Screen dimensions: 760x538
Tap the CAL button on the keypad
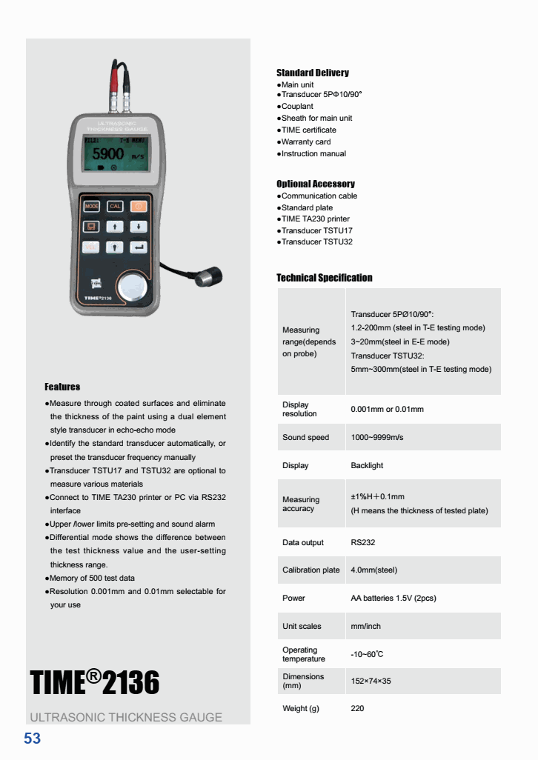click(x=116, y=206)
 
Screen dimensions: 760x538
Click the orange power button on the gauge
click(x=139, y=206)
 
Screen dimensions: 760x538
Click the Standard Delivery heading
click(x=312, y=73)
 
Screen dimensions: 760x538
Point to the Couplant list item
click(x=297, y=106)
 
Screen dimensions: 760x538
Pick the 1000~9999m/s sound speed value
click(x=376, y=437)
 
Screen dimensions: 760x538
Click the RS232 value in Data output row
click(x=362, y=542)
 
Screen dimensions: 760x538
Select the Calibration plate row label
click(x=310, y=570)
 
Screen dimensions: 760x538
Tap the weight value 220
click(x=357, y=708)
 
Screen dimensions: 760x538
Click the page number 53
click(x=33, y=739)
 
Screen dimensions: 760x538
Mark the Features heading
click(x=62, y=387)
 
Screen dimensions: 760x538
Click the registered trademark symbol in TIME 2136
click(x=93, y=675)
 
